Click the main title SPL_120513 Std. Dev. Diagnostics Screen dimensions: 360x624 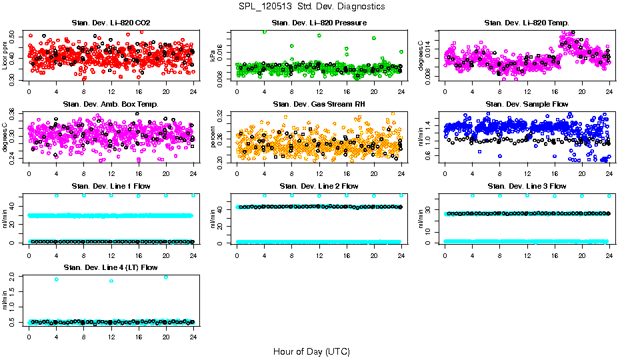tap(311, 7)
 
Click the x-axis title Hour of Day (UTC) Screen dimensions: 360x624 tap(311, 351)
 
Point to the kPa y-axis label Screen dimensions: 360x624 tap(213, 58)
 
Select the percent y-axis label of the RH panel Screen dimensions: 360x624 tap(213, 138)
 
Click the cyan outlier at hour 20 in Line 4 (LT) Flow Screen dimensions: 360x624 tap(165, 277)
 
